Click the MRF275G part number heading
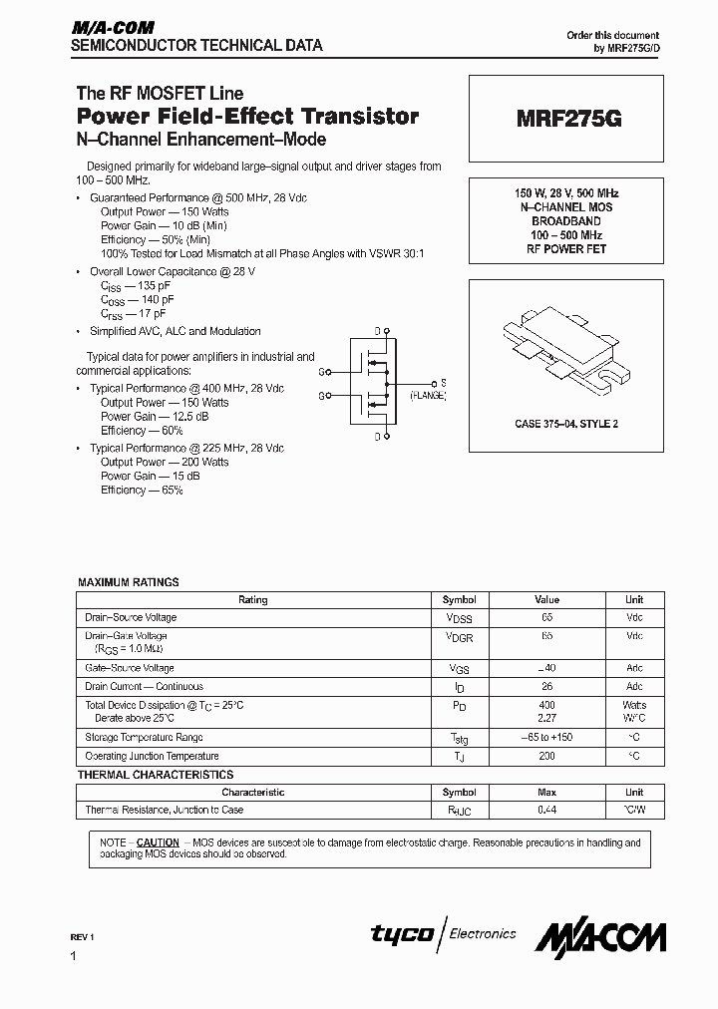[x=568, y=118]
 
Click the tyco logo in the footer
[x=402, y=934]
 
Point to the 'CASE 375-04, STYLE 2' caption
[x=566, y=424]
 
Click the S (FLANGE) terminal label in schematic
[x=431, y=390]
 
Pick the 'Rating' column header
[x=253, y=600]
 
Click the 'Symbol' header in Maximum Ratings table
[x=459, y=600]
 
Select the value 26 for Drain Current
[x=546, y=687]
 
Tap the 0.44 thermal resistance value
[x=546, y=810]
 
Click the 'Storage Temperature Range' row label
[x=145, y=738]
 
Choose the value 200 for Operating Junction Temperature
[x=546, y=757]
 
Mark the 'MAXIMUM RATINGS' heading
[x=129, y=582]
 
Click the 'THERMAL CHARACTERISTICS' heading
[x=156, y=775]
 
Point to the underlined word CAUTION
[x=158, y=842]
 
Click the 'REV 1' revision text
[x=81, y=937]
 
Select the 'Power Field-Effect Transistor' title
[x=247, y=117]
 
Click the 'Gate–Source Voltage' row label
[x=130, y=668]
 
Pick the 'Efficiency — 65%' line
[x=142, y=491]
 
